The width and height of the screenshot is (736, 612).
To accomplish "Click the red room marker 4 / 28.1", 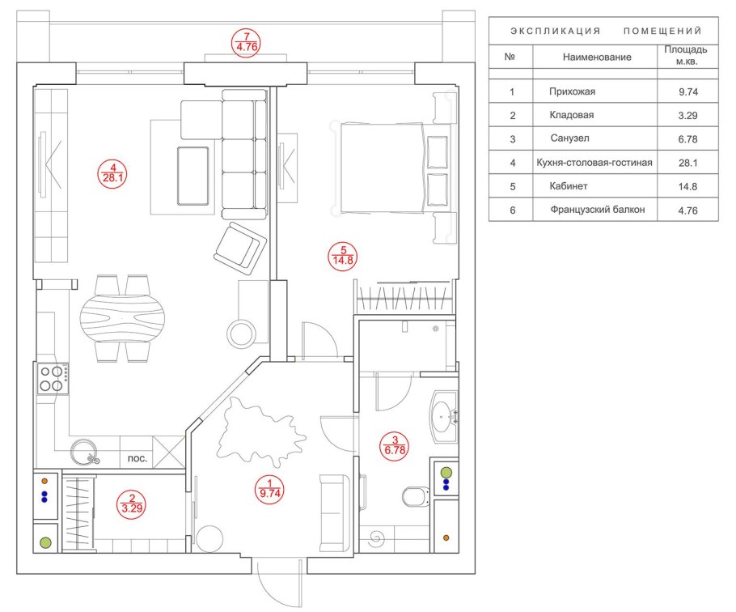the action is click(112, 174).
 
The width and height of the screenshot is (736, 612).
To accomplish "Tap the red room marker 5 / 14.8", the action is click(343, 256).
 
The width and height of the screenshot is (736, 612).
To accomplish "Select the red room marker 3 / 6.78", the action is click(395, 446).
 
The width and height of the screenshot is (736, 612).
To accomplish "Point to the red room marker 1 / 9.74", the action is click(270, 489).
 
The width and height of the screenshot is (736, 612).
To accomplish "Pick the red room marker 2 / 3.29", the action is click(132, 504).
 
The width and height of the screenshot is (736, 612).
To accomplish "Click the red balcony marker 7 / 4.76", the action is click(247, 43).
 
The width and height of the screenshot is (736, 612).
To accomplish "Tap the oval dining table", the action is click(122, 318).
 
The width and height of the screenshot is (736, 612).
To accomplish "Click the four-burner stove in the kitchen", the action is click(53, 379).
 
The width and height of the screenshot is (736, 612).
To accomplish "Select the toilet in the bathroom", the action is click(417, 496).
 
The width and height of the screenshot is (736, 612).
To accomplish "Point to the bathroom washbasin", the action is click(444, 416).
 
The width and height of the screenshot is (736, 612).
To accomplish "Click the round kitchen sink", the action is click(84, 452).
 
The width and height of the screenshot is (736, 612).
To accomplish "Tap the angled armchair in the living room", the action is click(241, 249).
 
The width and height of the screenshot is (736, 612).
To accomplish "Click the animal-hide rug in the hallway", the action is click(261, 431).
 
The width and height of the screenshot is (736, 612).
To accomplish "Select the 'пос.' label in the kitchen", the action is click(137, 458).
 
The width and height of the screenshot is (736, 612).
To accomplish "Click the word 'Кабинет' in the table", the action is click(569, 186).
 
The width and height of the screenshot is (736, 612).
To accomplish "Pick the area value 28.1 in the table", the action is click(687, 163).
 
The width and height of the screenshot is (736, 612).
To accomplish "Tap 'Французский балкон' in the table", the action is click(598, 210).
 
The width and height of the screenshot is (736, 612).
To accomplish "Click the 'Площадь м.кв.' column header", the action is click(686, 55).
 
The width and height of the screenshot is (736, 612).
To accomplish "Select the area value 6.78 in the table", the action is click(687, 139).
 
